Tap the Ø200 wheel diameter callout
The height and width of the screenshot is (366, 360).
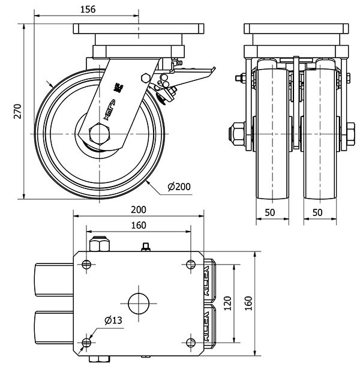pyautogui.click(x=179, y=187)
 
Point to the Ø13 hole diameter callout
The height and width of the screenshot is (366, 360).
pyautogui.click(x=113, y=320)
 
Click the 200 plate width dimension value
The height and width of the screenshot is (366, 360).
pyautogui.click(x=139, y=209)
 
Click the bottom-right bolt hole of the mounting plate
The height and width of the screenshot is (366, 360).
pyautogui.click(x=191, y=342)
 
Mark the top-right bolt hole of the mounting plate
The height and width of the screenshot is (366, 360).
pyautogui.click(x=191, y=265)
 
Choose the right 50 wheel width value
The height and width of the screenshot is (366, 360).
pyautogui.click(x=317, y=213)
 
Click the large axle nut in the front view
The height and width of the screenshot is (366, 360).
pyautogui.click(x=237, y=133)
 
